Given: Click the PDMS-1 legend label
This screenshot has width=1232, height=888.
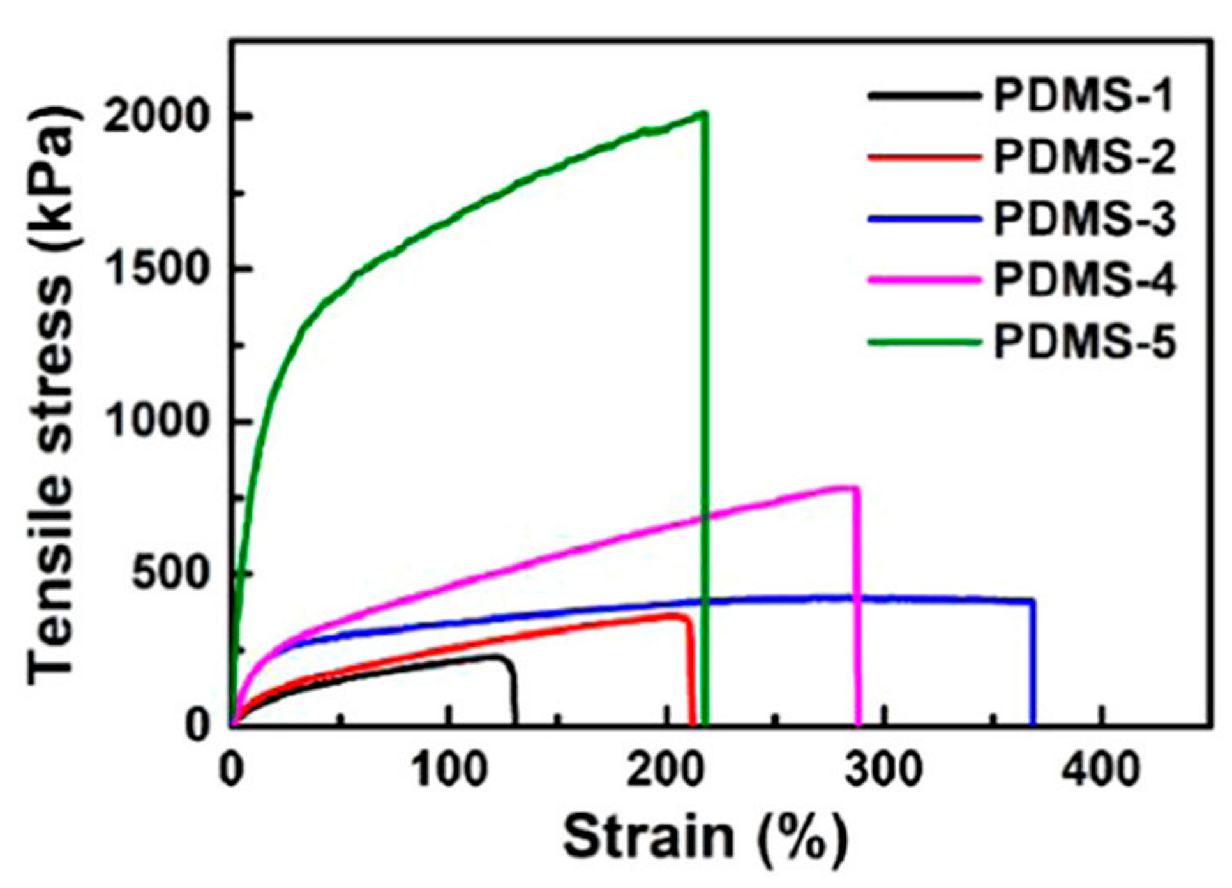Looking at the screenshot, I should [x=1083, y=96].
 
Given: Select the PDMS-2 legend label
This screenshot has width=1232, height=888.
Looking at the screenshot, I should [x=1083, y=158].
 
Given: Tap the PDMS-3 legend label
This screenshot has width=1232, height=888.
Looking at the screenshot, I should [x=1083, y=219].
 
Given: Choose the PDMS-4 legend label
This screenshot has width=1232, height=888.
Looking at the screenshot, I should [x=1083, y=280].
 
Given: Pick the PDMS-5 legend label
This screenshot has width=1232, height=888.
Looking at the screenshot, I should [x=1083, y=342].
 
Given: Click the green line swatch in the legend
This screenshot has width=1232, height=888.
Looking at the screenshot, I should [x=924, y=342].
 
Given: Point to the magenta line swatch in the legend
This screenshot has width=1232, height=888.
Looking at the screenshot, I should [x=924, y=280].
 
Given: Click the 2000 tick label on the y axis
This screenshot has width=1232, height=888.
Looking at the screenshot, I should [x=156, y=117].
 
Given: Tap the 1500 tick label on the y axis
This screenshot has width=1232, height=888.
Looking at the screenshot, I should [x=156, y=269].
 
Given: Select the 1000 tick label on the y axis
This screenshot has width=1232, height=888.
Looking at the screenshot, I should [x=156, y=421].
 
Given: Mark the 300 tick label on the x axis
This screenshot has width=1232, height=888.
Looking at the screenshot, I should [x=883, y=771].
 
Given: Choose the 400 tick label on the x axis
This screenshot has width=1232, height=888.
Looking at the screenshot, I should [x=1101, y=771].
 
